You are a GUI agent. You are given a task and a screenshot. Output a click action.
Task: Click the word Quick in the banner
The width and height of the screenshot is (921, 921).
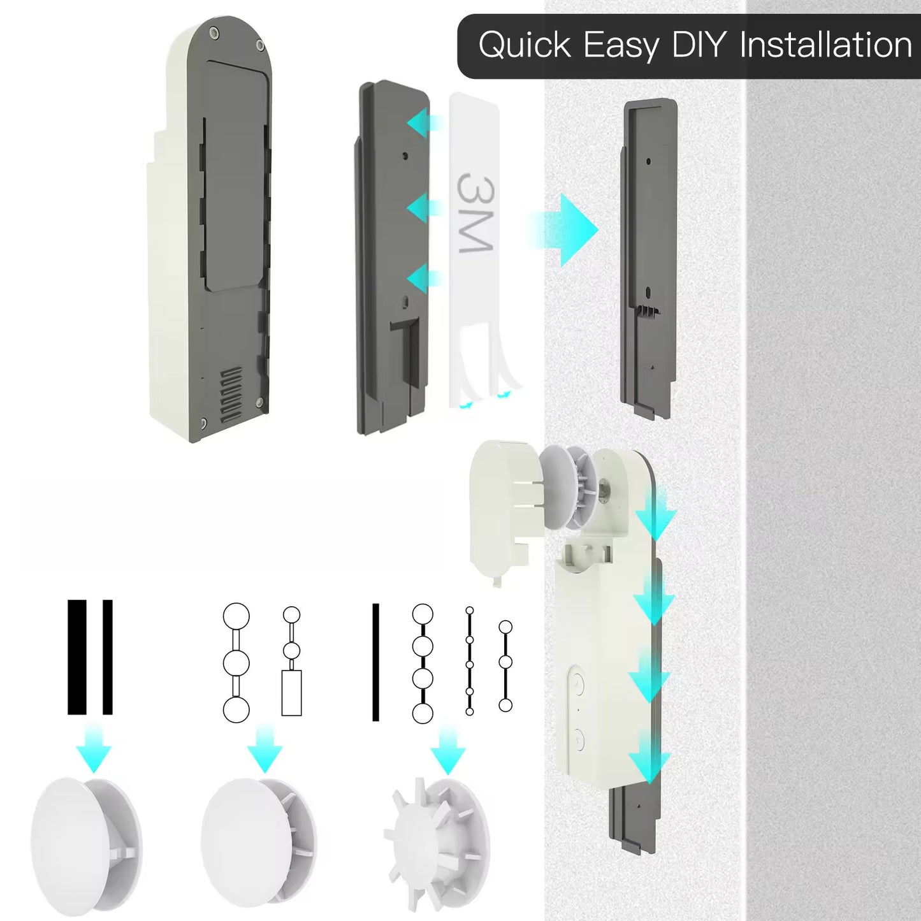525,46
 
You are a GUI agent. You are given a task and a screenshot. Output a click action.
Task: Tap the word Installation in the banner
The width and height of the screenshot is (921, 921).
825,45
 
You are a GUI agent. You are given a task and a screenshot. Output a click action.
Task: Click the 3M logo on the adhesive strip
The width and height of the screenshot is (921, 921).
475,213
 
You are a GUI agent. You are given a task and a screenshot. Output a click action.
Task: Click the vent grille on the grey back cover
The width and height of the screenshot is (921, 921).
231,395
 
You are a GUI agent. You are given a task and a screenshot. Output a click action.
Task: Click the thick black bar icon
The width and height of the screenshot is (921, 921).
77,657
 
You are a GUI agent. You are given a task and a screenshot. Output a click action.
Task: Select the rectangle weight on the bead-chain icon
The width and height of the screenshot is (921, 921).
291,692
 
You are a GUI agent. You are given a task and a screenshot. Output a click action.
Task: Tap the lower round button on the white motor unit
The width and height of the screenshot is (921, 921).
577,739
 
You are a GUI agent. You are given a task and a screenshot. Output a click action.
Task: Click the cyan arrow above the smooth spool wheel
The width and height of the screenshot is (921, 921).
93,748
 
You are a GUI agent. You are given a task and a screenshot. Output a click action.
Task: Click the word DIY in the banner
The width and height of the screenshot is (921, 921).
699,45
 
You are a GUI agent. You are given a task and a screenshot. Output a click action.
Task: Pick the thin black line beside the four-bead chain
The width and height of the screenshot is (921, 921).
375,662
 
